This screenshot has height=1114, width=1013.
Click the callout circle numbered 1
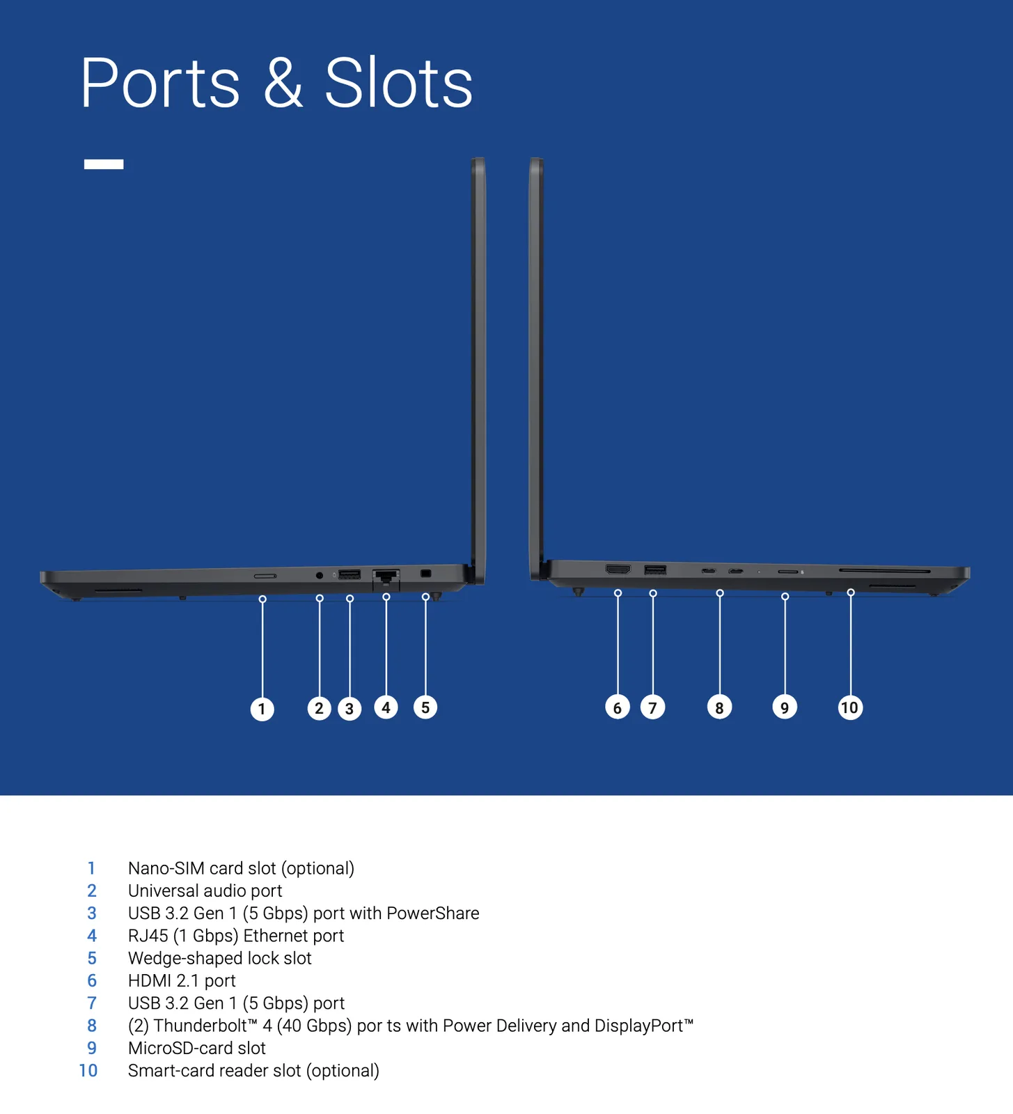pos(262,709)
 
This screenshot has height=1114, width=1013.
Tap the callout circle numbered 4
pos(386,707)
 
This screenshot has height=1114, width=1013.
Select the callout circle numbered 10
pos(849,707)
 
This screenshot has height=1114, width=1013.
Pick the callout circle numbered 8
pos(719,707)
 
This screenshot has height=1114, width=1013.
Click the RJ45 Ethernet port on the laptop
pos(386,576)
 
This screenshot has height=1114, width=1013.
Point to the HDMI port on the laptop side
pos(618,570)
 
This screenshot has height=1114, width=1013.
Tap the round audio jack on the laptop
pos(320,575)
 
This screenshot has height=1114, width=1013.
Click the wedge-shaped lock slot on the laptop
pos(426,574)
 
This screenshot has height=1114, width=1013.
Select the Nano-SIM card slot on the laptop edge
pos(265,576)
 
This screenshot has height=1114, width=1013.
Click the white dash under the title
pos(104,164)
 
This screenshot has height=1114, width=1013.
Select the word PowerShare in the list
pos(432,913)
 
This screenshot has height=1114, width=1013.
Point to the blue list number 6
pos(92,980)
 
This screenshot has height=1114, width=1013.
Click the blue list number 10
pos(88,1070)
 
